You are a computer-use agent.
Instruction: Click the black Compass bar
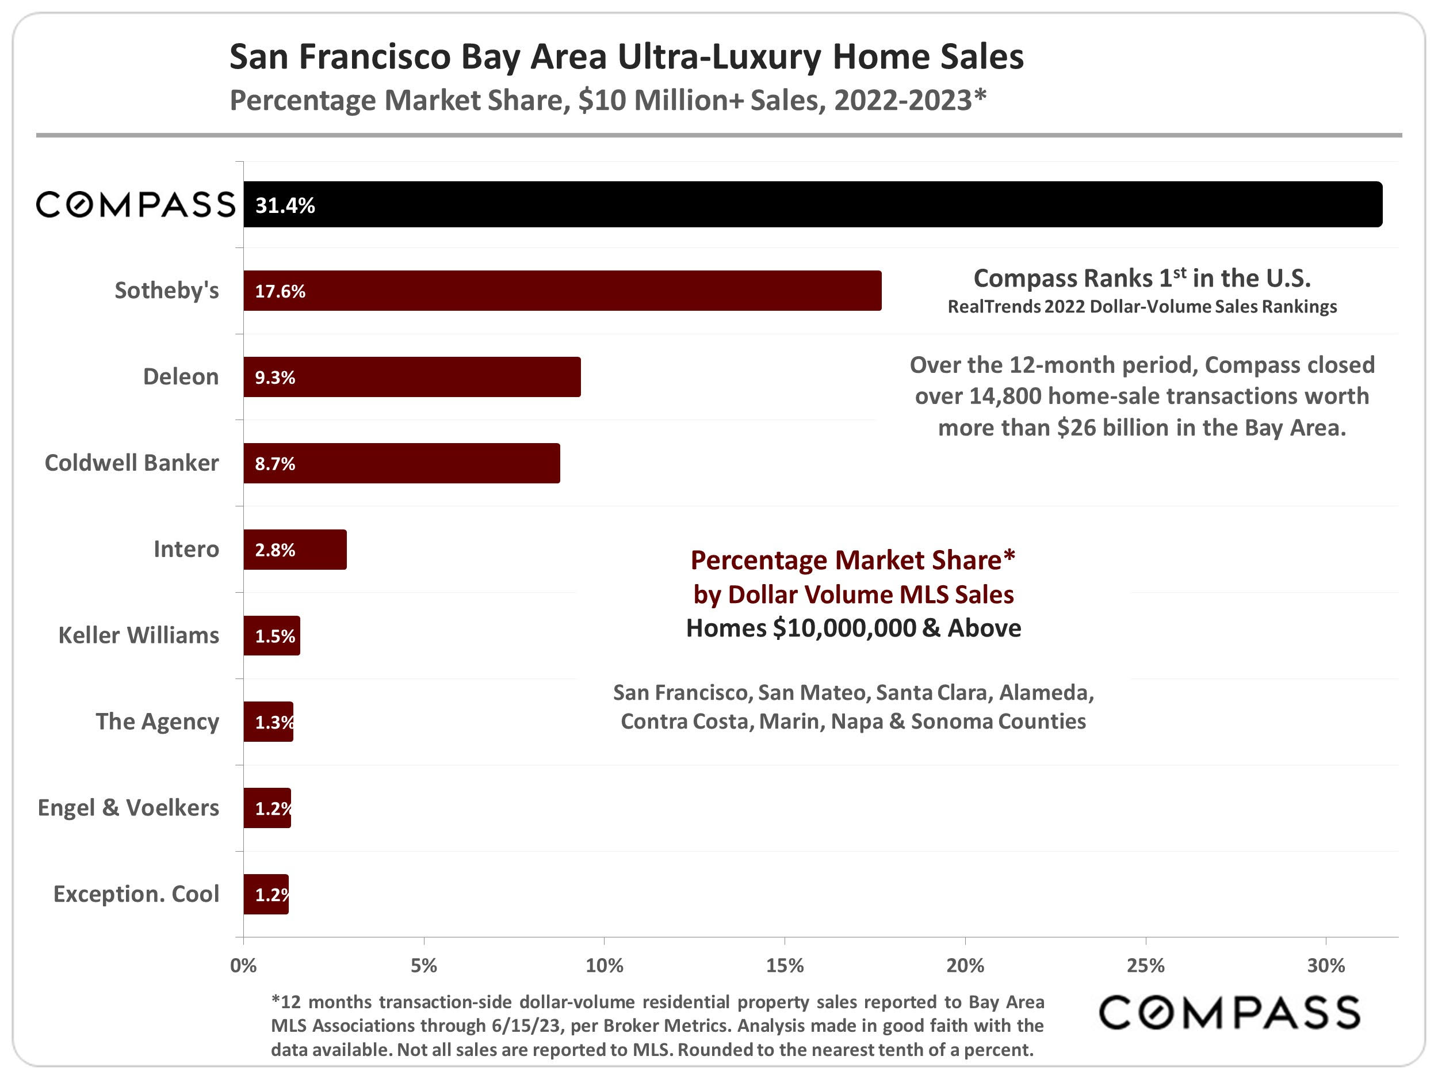[813, 204]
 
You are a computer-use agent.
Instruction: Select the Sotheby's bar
[563, 291]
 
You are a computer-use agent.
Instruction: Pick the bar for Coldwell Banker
[401, 463]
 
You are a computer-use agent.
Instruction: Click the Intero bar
[295, 550]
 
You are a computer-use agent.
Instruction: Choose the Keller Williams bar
[271, 635]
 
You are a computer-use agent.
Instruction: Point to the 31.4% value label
[285, 205]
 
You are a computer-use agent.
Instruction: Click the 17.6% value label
[280, 291]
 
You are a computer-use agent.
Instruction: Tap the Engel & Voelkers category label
[128, 808]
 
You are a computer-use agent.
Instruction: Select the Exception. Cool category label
[136, 894]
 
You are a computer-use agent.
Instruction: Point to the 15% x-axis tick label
[785, 966]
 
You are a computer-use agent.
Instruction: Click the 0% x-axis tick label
[243, 966]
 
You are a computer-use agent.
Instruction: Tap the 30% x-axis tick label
[1325, 966]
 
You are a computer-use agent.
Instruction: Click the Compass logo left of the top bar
[135, 204]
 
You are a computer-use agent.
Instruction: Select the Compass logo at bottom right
[1229, 1013]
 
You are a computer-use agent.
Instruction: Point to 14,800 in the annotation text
[1005, 396]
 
